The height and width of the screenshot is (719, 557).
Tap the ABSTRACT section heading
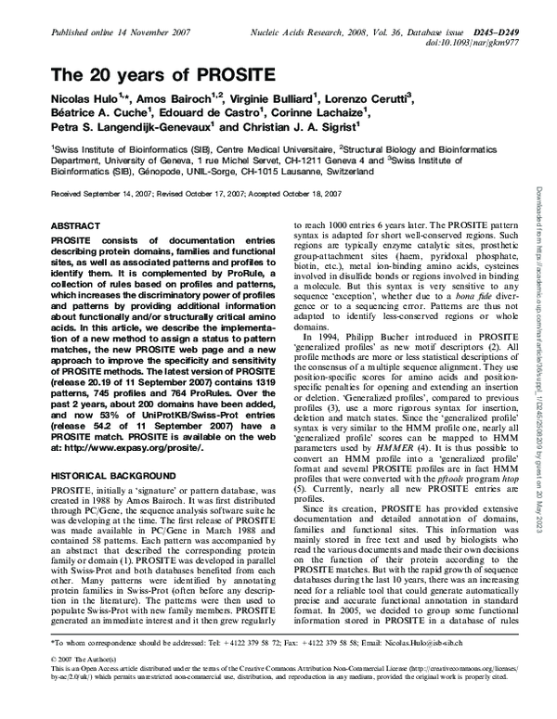coord(71,225)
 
